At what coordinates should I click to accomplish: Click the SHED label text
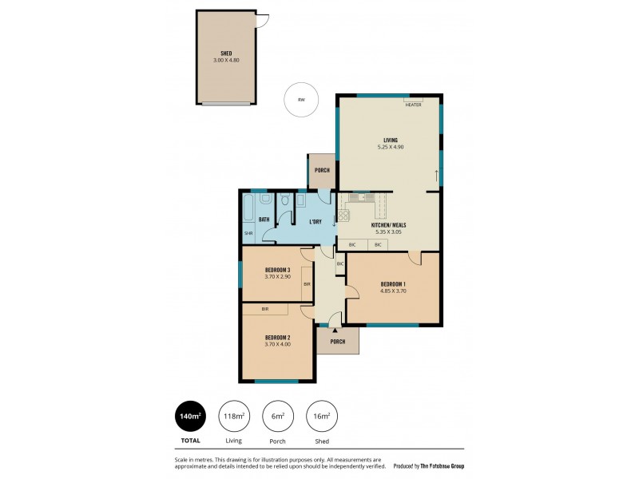pos(226,53)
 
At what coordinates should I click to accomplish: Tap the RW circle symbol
pos(301,101)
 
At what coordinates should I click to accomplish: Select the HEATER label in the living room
pos(413,105)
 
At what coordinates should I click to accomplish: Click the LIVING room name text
pos(390,141)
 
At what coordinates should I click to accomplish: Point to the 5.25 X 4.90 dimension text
pos(390,148)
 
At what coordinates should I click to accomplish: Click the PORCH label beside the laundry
pos(322,170)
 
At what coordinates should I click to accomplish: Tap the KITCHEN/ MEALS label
pos(389,225)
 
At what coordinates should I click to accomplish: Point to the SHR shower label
pos(248,234)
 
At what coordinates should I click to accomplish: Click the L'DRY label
pos(315,221)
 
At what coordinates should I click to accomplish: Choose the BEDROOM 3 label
pos(277,270)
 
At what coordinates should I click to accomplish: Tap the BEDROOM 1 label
pos(393,284)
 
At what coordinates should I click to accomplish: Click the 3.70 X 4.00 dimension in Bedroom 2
pos(277,344)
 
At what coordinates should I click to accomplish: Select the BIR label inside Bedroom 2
pos(264,308)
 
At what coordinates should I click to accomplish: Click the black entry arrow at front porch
pos(335,330)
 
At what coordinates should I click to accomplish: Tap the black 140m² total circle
pos(191,415)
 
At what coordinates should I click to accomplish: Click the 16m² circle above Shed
pos(320,415)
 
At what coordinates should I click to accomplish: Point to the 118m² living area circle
pos(233,415)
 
